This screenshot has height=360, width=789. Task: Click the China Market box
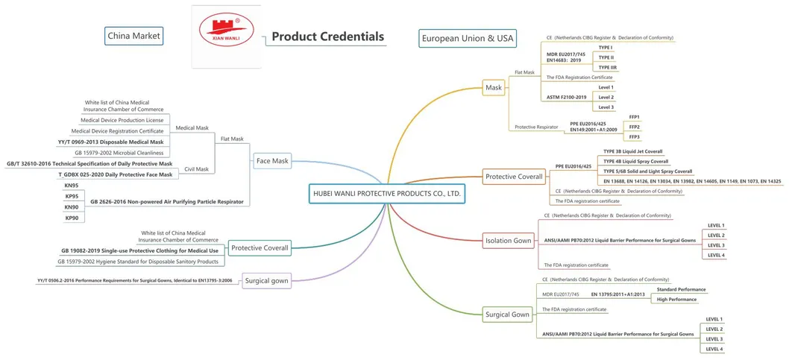(x=133, y=35)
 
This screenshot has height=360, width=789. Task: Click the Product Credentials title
(x=327, y=37)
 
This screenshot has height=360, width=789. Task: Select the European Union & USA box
(x=468, y=38)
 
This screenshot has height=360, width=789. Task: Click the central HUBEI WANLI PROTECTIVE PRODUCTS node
(x=386, y=193)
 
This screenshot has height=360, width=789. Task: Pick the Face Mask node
(x=271, y=160)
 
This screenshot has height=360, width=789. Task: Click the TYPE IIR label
(x=608, y=67)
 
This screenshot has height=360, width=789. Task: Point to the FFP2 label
(x=635, y=127)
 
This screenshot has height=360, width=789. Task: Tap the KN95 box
(x=72, y=185)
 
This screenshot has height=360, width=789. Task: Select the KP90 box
(x=72, y=218)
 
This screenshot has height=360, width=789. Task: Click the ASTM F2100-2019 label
(x=566, y=97)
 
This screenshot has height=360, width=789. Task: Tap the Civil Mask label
(x=196, y=169)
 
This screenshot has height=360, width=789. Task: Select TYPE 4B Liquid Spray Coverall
(x=636, y=161)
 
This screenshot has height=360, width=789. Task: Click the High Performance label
(x=676, y=299)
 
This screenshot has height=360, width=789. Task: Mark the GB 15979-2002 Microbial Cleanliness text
(x=119, y=153)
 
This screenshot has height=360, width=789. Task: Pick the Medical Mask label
(x=192, y=127)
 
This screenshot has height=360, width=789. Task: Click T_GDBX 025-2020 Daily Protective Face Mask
(x=116, y=174)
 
